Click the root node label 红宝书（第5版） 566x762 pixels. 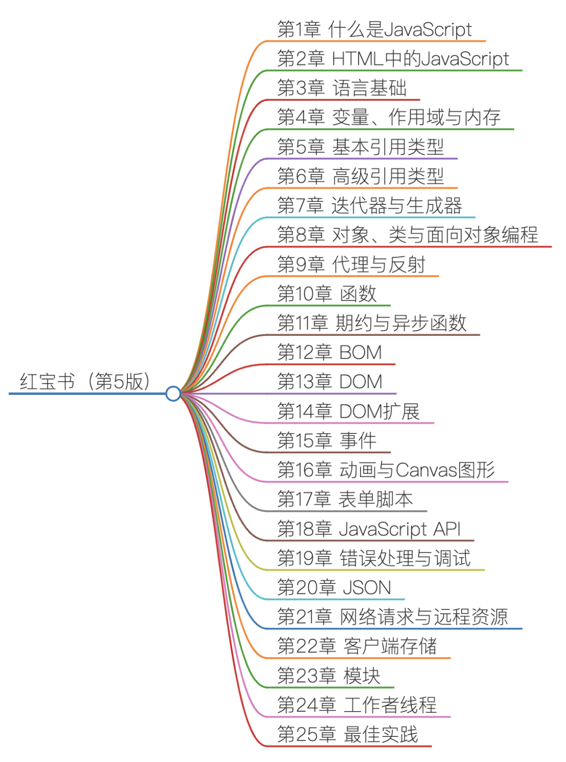[85, 382]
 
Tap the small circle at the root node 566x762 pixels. [173, 394]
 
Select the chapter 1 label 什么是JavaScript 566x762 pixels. [374, 29]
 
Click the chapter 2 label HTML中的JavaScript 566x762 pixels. [393, 59]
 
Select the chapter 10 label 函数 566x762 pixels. [358, 293]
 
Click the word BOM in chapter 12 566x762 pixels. [361, 352]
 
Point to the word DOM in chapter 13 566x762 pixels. [361, 382]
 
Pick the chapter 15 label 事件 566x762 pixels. [358, 440]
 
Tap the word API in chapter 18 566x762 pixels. [447, 529]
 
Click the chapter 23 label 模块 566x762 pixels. [362, 676]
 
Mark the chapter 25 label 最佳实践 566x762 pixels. [380, 734]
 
